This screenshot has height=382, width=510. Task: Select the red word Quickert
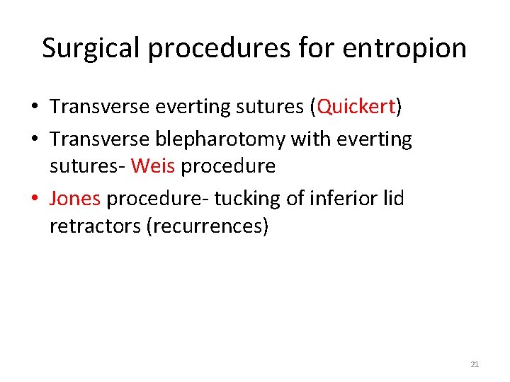[356, 107]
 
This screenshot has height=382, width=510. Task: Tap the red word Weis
[153, 166]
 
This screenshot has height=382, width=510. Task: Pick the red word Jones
[75, 198]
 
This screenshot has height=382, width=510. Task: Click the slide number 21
[475, 365]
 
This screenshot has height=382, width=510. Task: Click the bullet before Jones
[35, 199]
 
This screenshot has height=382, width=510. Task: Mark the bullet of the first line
[35, 108]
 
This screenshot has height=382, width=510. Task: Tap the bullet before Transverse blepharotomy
[35, 140]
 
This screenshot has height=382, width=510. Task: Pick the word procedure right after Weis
[228, 166]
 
